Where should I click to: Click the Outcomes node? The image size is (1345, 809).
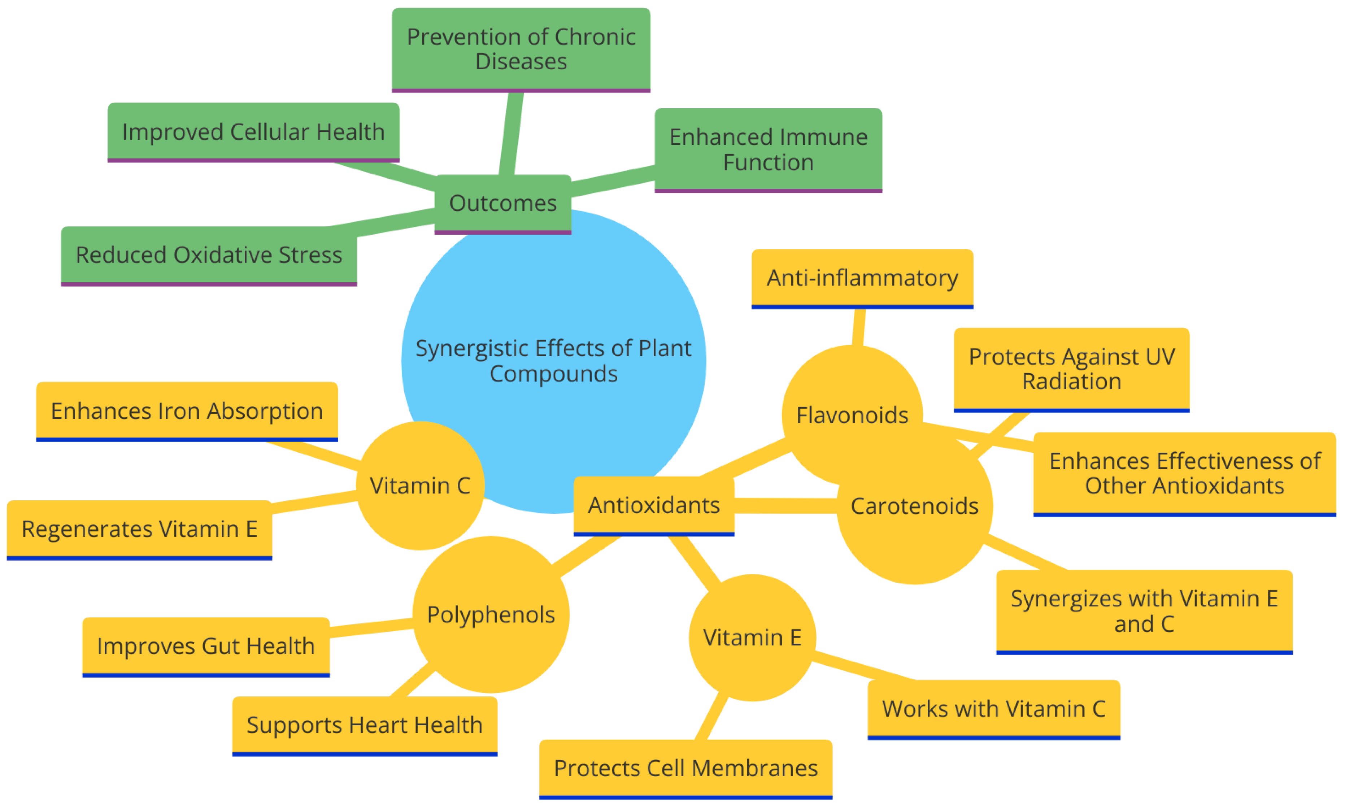502,203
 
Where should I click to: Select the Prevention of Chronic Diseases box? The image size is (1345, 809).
521,49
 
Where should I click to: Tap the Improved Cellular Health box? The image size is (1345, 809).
253,132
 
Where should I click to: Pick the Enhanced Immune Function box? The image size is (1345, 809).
768,149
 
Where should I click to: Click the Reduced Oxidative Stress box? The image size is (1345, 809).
209,255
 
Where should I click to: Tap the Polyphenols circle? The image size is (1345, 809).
491,614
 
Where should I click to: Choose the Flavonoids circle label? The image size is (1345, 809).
852,416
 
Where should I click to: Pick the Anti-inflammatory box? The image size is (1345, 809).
862,278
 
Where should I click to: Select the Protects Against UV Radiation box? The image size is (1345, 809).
1071,369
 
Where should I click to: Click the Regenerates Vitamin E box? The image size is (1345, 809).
139,529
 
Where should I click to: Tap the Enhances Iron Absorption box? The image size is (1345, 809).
187,411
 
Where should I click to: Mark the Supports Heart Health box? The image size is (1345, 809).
365,725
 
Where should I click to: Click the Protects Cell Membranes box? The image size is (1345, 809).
685,768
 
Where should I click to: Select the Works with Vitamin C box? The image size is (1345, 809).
993,709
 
